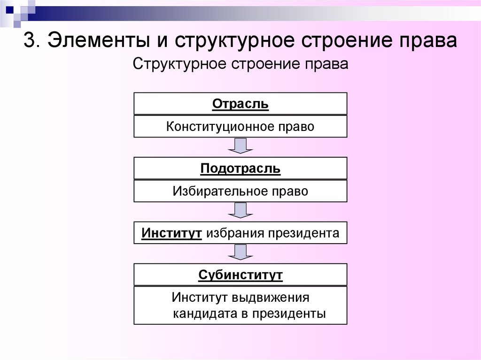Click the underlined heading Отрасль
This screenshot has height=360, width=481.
point(240,104)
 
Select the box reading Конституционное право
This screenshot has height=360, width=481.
point(240,127)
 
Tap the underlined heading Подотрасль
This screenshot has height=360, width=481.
point(240,169)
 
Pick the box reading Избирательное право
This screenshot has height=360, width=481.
point(240,191)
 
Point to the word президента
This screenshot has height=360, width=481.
point(303,233)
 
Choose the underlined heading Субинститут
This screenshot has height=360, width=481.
point(240,275)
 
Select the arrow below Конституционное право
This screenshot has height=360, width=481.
point(240,146)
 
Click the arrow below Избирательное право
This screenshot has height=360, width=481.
point(240,210)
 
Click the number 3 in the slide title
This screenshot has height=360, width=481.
point(29,41)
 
